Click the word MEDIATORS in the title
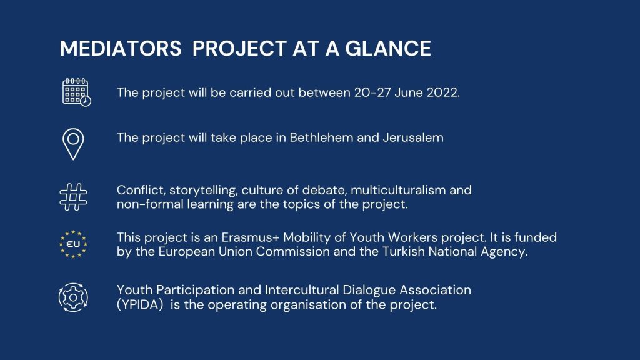[x=121, y=48]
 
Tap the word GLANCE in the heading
[x=388, y=48]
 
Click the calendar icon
[x=77, y=92]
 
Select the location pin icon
[x=74, y=144]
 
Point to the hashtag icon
[x=74, y=197]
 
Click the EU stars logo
[x=74, y=244]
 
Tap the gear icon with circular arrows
[x=74, y=297]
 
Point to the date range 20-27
[x=372, y=92]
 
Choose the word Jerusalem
[x=413, y=137]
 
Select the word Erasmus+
[x=251, y=237]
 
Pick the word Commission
[x=292, y=251]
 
